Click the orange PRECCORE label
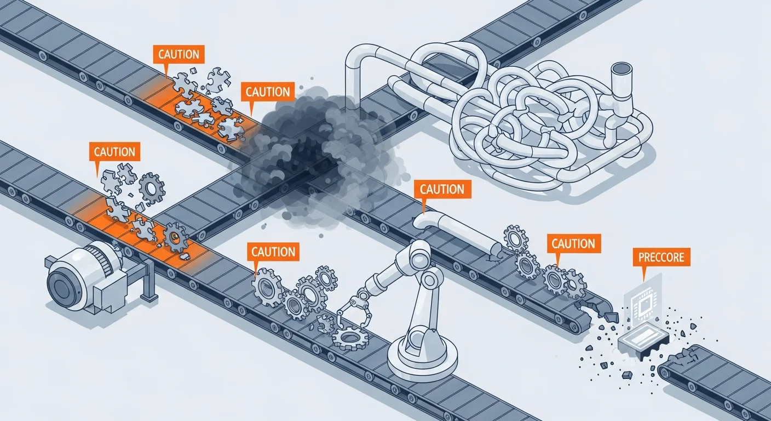click(661, 257)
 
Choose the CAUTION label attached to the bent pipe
click(442, 190)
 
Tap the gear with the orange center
click(175, 237)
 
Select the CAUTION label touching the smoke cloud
click(267, 92)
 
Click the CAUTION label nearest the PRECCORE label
click(573, 243)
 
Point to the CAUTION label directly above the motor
click(114, 152)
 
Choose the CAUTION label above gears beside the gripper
click(273, 252)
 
